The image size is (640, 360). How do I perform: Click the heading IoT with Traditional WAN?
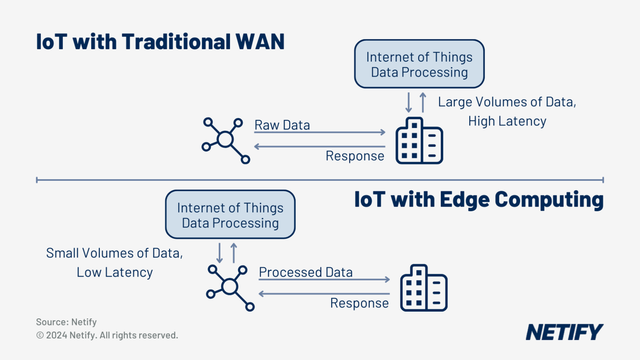[x=160, y=42]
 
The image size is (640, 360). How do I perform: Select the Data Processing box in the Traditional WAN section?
[x=419, y=64]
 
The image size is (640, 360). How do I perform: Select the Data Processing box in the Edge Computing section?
[x=230, y=215]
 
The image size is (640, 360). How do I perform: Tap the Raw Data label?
[x=282, y=126]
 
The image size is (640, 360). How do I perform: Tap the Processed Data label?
[x=306, y=273]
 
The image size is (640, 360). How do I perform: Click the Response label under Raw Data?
[x=355, y=156]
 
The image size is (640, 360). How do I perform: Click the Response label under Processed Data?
[x=359, y=303]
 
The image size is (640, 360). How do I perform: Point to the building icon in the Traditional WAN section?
[x=419, y=141]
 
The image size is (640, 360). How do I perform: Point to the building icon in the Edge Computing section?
[x=423, y=288]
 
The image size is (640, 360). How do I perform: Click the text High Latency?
[x=507, y=122]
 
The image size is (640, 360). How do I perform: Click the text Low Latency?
[x=115, y=273]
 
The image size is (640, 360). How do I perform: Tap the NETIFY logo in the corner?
[x=565, y=332]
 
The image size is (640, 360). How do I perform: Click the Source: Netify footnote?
[x=66, y=322]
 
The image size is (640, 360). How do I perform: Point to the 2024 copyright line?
[x=107, y=335]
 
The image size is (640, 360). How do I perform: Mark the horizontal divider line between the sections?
[x=320, y=180]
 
